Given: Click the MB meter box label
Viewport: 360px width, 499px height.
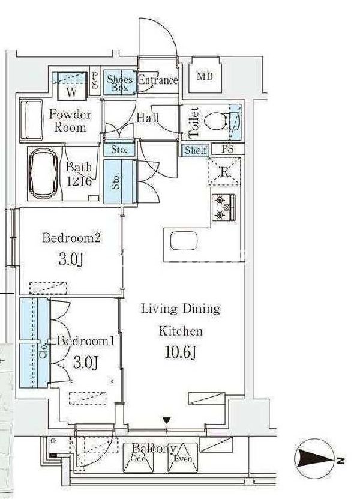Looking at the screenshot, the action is (x=205, y=76).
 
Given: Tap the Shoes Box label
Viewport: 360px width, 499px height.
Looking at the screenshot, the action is (x=119, y=83).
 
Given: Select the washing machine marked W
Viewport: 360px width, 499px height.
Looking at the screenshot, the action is (x=72, y=86).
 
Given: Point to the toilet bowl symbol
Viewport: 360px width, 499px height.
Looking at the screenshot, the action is (x=216, y=121).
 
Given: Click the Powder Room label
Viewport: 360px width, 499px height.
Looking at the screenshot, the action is (x=70, y=121).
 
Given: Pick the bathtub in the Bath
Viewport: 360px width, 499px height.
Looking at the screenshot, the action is (x=44, y=173).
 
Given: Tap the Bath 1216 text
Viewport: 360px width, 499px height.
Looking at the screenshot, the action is (x=79, y=174).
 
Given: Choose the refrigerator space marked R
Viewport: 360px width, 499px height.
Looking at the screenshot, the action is (x=224, y=171).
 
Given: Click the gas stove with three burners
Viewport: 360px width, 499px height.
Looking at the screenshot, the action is (x=224, y=208).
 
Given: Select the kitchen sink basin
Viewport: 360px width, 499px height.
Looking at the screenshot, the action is (x=184, y=241).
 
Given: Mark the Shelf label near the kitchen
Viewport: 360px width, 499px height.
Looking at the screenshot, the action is (x=196, y=150).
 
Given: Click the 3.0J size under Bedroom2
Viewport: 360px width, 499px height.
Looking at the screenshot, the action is (x=71, y=259).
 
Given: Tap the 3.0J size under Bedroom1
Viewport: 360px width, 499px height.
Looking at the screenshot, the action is (x=86, y=363).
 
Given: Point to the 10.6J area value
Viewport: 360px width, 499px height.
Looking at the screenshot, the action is (x=181, y=352).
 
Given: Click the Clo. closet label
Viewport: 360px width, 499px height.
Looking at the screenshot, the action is (x=44, y=350).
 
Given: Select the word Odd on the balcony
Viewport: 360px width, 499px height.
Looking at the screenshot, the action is (x=139, y=459).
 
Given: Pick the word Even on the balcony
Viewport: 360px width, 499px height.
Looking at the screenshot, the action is (x=183, y=459).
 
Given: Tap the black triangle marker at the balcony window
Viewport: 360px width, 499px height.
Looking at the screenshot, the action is (x=166, y=420).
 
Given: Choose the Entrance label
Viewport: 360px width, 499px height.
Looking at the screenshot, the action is (x=158, y=80).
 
